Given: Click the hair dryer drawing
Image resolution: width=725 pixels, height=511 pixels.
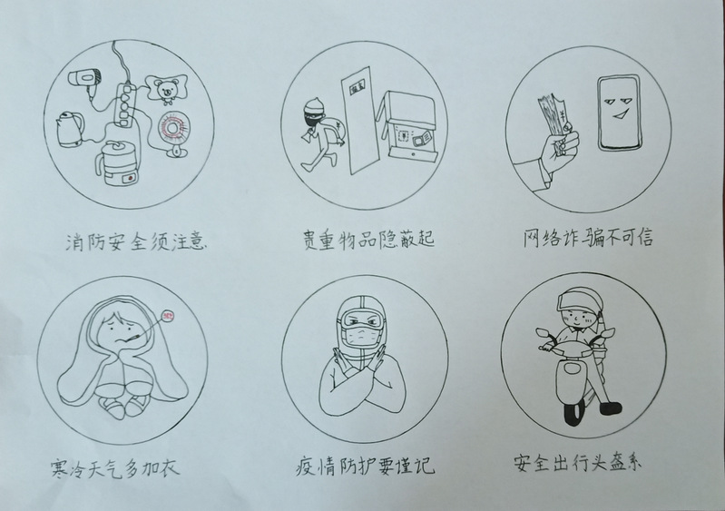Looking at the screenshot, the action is (x=84, y=79).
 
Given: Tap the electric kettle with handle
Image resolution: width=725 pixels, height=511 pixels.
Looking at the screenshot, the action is (x=70, y=129).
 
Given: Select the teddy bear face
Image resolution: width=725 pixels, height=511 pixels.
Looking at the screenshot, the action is (x=165, y=90).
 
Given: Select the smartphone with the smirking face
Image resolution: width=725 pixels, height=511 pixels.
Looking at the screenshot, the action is (x=619, y=113).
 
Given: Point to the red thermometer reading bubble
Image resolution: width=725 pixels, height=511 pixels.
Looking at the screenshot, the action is (x=168, y=316).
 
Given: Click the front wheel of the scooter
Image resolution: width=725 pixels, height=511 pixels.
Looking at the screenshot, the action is (x=573, y=413).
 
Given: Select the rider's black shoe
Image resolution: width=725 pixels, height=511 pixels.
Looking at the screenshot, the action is (x=611, y=408).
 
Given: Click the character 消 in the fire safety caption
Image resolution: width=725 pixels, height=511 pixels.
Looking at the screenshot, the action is (x=75, y=241).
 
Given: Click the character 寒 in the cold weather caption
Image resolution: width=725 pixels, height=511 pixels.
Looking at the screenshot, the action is (x=59, y=467).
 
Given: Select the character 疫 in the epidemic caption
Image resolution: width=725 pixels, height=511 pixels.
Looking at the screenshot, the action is (x=305, y=467).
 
